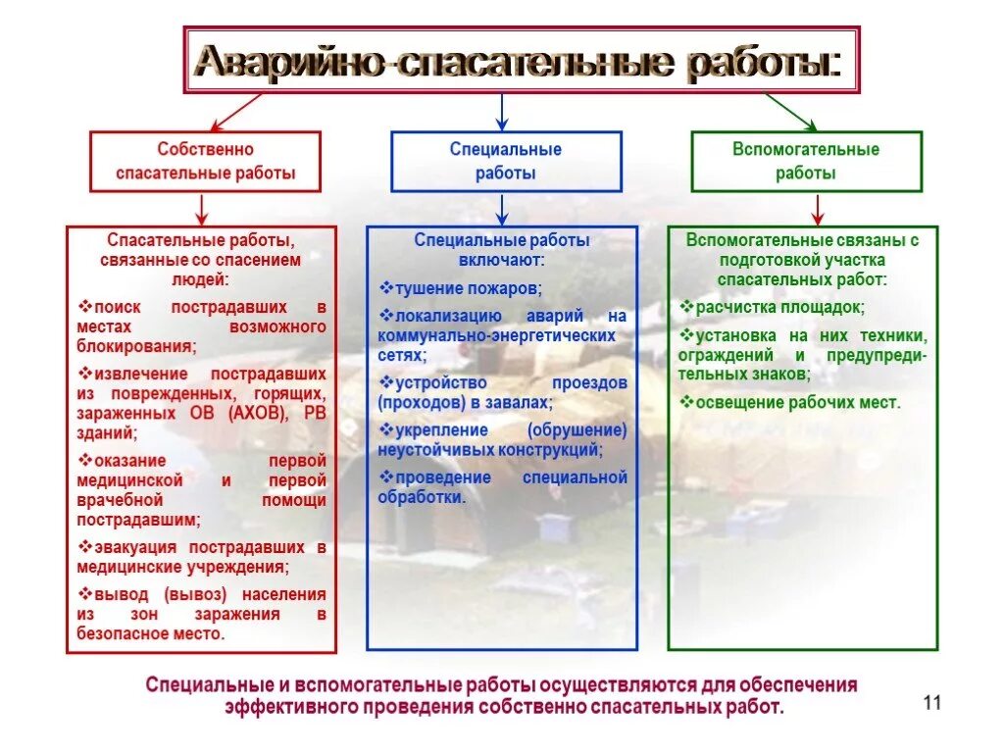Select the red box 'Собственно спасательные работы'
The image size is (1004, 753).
206,162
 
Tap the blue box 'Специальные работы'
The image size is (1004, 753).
506,162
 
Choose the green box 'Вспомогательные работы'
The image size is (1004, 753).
806,162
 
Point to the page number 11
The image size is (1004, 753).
931,703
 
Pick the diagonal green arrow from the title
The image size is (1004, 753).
789,112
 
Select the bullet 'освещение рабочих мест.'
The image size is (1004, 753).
797,402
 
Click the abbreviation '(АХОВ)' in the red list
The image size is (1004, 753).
260,413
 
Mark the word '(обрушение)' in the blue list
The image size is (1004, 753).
577,430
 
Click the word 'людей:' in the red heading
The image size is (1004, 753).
200,278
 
